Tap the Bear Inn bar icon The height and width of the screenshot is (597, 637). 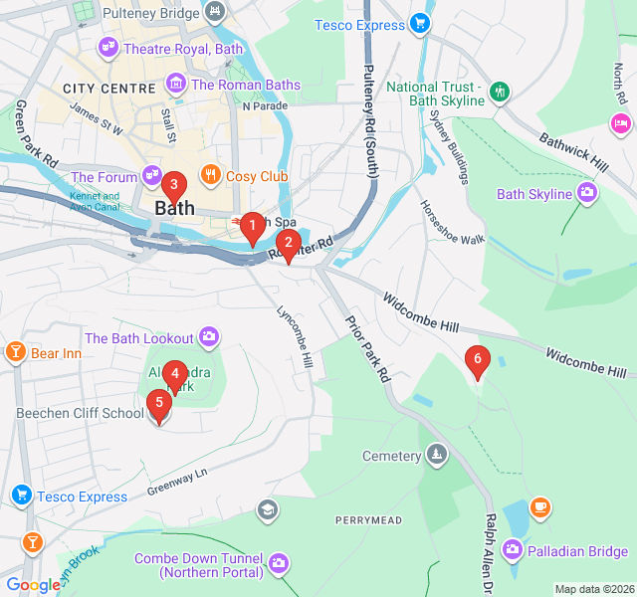15,353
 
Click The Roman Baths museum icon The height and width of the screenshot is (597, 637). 177,85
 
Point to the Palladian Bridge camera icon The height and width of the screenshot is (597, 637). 513,549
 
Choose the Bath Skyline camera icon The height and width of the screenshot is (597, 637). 587,193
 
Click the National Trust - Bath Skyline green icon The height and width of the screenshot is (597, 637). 499,91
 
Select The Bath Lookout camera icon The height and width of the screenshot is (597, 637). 209,338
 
